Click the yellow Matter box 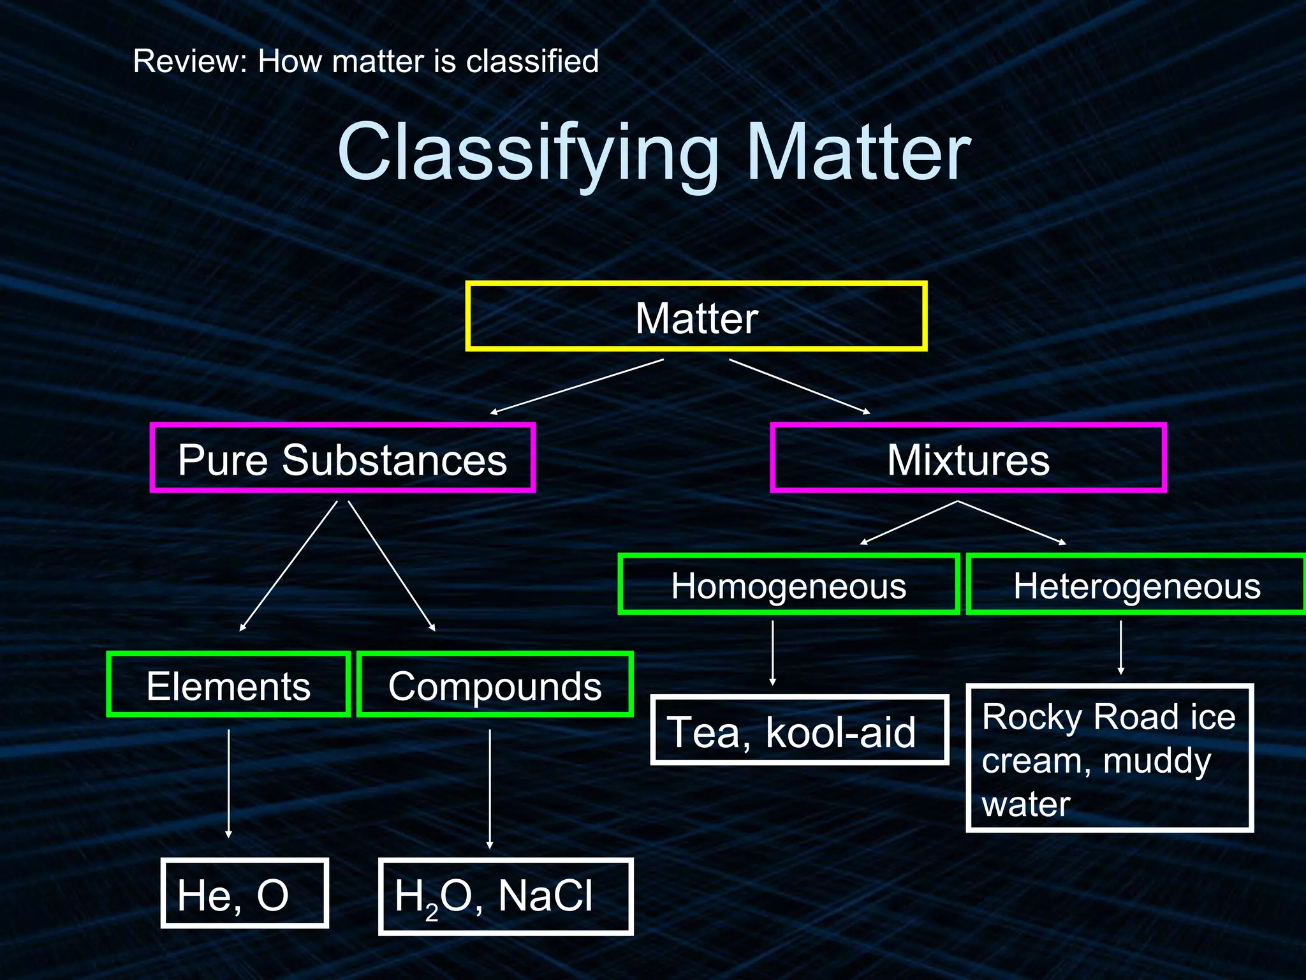click(x=696, y=316)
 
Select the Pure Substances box click(x=342, y=458)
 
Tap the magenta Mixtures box click(x=967, y=458)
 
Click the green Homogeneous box click(x=788, y=584)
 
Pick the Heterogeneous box click(x=1136, y=584)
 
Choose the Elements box click(x=228, y=685)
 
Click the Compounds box click(x=495, y=685)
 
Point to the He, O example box click(x=244, y=893)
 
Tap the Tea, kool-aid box click(x=799, y=731)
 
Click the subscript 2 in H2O click(x=432, y=912)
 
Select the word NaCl click(x=546, y=895)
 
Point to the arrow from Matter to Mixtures click(x=800, y=387)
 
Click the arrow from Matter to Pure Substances click(x=577, y=387)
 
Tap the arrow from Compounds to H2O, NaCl click(x=490, y=789)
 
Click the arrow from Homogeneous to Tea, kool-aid click(x=773, y=652)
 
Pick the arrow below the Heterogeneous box click(x=1121, y=647)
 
